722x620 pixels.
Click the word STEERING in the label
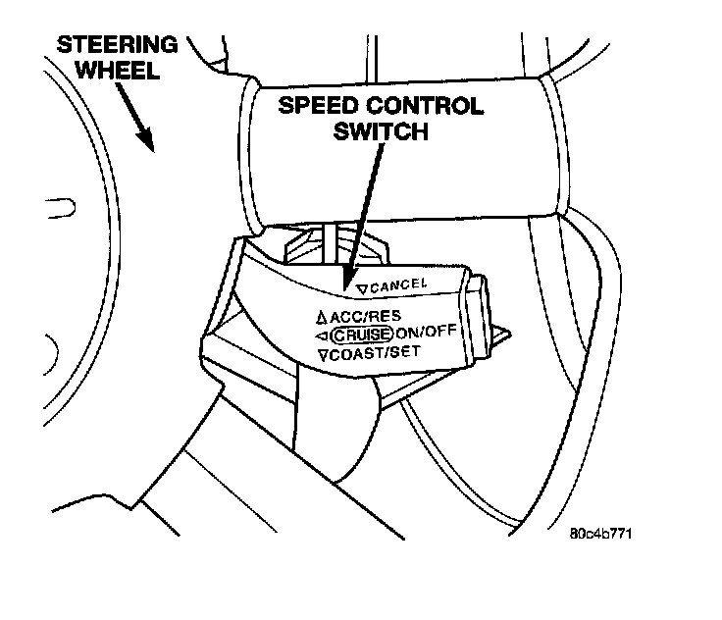click(117, 44)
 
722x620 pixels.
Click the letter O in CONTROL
click(388, 106)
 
